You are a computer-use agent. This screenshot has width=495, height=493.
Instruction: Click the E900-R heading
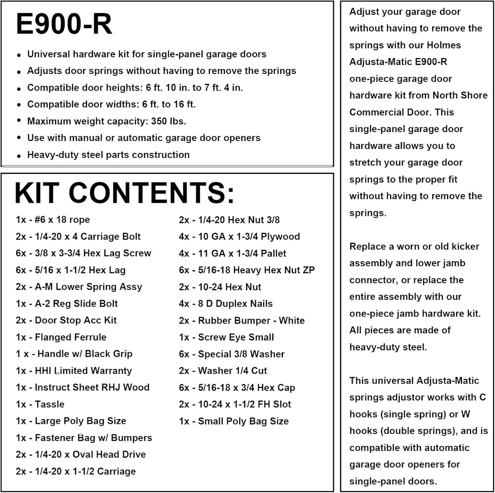64,24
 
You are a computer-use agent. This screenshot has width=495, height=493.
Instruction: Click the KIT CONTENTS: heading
124,193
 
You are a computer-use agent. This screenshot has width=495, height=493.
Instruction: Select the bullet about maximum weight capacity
106,121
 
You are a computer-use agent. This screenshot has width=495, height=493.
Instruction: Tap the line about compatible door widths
111,104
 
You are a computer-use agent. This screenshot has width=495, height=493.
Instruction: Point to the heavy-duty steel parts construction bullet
108,155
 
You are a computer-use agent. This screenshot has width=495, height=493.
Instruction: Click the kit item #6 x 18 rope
53,220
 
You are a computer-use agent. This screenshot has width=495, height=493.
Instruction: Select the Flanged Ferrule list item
61,337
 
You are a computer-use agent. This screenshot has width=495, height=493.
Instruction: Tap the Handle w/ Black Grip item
74,354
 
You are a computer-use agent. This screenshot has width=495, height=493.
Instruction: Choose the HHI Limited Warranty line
73,371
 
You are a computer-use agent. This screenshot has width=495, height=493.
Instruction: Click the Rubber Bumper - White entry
242,320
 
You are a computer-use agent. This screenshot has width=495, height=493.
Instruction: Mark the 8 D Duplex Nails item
226,304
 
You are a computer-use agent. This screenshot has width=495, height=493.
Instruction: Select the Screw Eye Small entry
226,337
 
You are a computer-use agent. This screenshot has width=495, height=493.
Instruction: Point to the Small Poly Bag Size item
233,421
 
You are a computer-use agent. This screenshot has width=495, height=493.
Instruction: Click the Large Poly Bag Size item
71,421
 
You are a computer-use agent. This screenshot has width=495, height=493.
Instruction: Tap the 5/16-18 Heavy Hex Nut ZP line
247,270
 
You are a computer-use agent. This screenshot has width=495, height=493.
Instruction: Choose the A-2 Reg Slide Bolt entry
67,304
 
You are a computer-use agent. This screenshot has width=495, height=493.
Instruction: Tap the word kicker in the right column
463,246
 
